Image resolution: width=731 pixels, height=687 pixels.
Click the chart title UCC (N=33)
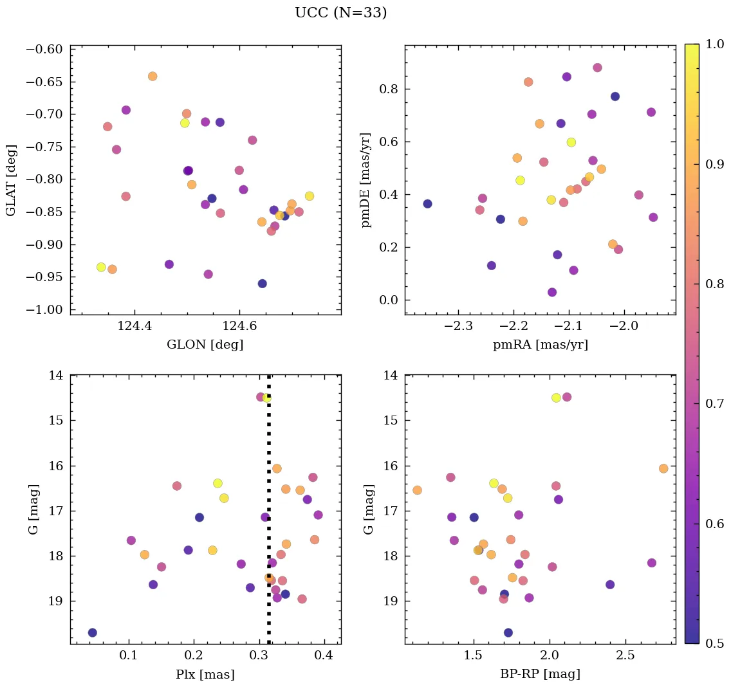(340, 13)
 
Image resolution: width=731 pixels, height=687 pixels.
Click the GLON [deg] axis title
(205, 345)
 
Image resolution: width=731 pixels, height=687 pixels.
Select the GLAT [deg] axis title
(11, 180)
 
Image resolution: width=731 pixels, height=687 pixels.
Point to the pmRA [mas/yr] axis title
(540, 345)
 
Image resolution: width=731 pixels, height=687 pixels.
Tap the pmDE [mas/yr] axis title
(367, 180)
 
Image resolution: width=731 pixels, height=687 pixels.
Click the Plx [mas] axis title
(205, 675)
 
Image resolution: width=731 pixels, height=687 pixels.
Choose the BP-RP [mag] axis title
(540, 674)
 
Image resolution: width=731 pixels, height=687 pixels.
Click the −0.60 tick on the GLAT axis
(44, 50)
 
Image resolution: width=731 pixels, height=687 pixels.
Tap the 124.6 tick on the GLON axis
(239, 327)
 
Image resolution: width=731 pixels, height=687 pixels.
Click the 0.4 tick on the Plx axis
(324, 656)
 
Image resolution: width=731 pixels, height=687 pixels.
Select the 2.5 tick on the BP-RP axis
(625, 656)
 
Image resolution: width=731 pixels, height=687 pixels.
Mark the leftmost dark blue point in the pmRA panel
(427, 204)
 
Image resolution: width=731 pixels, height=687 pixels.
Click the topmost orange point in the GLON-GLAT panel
(153, 77)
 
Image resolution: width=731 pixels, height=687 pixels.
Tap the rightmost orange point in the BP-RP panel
(663, 468)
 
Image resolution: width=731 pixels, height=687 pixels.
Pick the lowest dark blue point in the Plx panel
(93, 632)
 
